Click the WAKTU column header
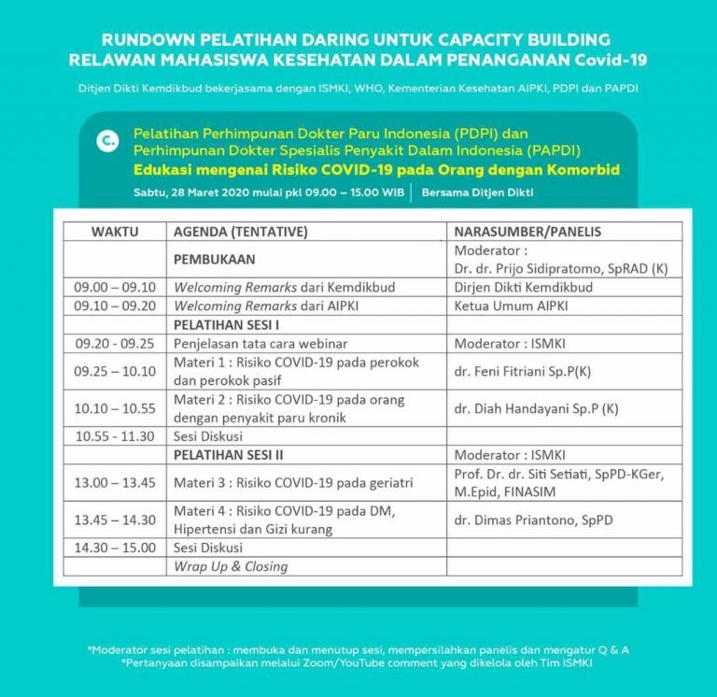115,232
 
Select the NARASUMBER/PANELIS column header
527,232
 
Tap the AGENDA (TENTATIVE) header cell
241,232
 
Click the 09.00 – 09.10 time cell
115,287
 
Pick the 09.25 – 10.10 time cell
115,371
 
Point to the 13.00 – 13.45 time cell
115,483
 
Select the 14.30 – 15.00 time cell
115,548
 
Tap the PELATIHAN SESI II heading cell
228,455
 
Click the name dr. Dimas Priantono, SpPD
533,519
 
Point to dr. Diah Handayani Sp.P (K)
536,408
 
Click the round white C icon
107,141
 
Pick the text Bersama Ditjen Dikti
476,192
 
